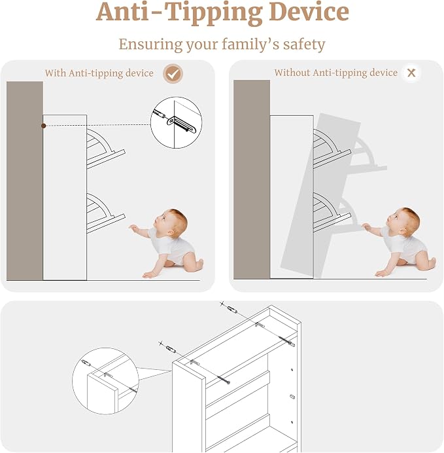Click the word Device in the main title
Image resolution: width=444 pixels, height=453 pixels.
[309, 12]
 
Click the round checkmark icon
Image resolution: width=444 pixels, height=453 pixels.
[173, 74]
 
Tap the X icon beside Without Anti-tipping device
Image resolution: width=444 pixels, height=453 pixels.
[411, 73]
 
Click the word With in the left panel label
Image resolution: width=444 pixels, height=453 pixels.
[56, 73]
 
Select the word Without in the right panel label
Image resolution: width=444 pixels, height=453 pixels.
[292, 73]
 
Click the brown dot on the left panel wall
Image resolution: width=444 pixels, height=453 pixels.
[44, 126]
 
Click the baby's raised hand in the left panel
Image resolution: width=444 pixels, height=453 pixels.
[133, 228]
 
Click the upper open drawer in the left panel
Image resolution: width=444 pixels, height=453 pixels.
[105, 149]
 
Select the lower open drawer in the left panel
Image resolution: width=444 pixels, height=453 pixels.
[105, 213]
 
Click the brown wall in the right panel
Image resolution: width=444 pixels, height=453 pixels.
[252, 179]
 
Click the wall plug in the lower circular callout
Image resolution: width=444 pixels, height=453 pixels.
[86, 363]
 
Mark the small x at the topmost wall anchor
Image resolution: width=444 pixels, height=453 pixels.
[222, 304]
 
